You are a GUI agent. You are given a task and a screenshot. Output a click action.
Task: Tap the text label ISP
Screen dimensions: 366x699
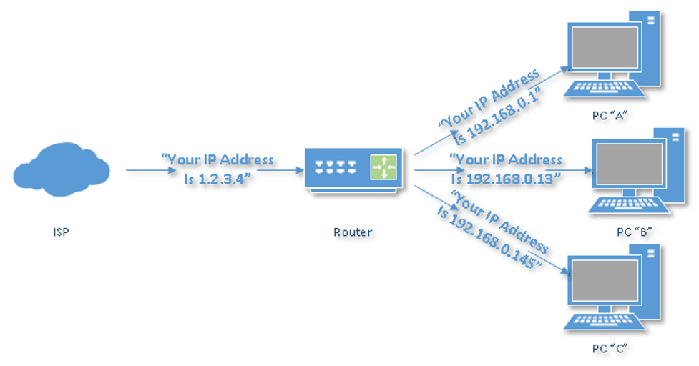62,232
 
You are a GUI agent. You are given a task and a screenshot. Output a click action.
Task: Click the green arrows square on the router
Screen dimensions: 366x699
383,167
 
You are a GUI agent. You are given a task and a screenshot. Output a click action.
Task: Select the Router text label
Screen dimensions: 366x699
353,232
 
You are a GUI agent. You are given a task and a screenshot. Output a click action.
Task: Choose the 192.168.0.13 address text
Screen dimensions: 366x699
507,179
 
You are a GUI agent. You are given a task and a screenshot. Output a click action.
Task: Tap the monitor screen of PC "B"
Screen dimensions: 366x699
627,166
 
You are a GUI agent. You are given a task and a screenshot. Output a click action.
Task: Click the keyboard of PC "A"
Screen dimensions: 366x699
600,88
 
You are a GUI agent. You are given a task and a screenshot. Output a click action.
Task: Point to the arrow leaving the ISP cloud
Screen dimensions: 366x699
143,170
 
